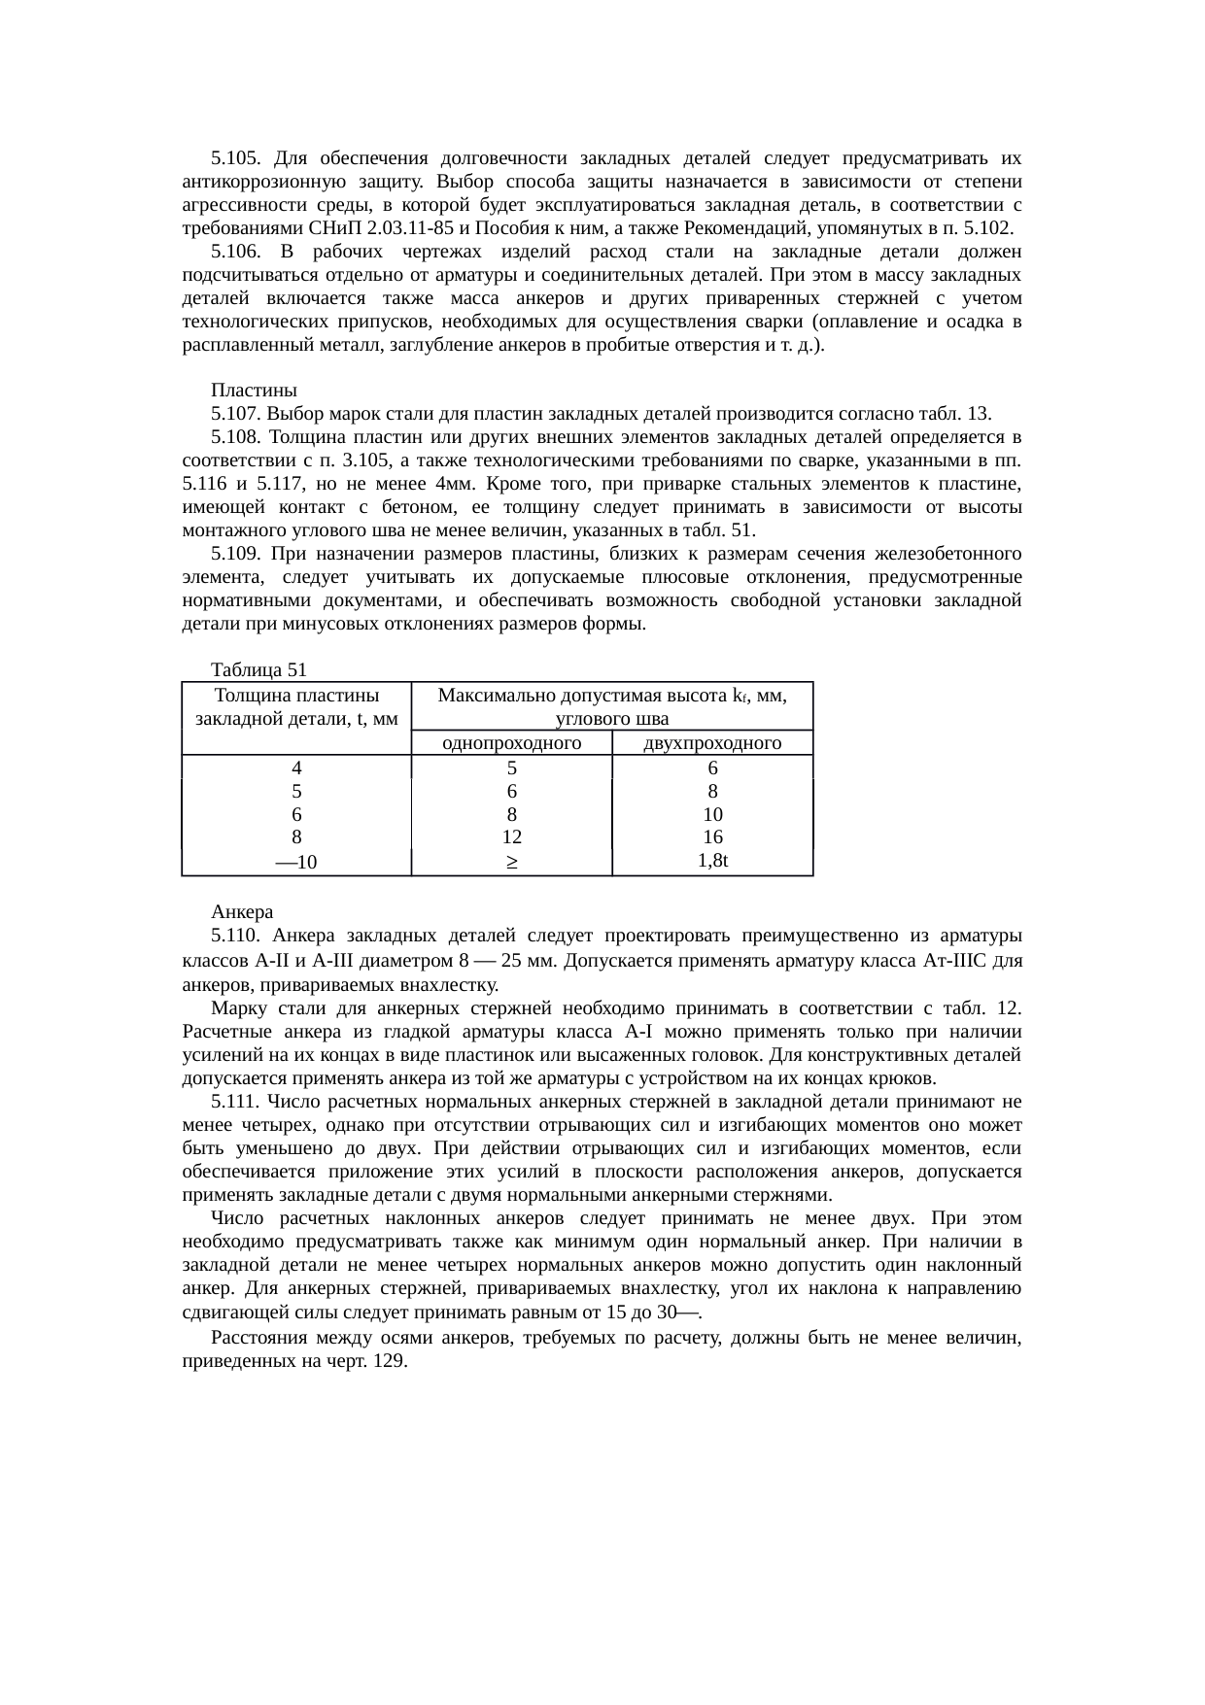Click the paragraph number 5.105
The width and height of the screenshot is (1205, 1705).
pyautogui.click(x=233, y=158)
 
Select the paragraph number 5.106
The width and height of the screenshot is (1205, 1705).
pyautogui.click(x=233, y=252)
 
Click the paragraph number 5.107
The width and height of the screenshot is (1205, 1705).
pyautogui.click(x=233, y=414)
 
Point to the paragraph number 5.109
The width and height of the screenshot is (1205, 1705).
pyautogui.click(x=233, y=554)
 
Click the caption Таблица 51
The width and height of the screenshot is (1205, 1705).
pyautogui.click(x=258, y=670)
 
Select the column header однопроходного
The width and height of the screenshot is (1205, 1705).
pyautogui.click(x=511, y=743)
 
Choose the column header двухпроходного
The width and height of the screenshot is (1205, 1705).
pyautogui.click(x=712, y=743)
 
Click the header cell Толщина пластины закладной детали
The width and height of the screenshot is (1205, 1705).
pyautogui.click(x=296, y=707)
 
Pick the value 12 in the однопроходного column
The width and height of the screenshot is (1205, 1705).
pyautogui.click(x=511, y=836)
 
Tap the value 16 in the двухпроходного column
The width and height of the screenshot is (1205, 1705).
pyautogui.click(x=712, y=836)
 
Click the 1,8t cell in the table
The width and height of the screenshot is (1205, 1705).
pyautogui.click(x=713, y=860)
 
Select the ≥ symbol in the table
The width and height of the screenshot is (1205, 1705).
pyautogui.click(x=511, y=863)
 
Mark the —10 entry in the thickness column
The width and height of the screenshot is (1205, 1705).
pyautogui.click(x=296, y=862)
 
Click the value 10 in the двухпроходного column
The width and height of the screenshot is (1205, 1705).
pyautogui.click(x=712, y=814)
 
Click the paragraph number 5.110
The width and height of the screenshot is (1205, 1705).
pyautogui.click(x=234, y=937)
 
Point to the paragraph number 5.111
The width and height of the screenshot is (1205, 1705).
pyautogui.click(x=234, y=1102)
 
